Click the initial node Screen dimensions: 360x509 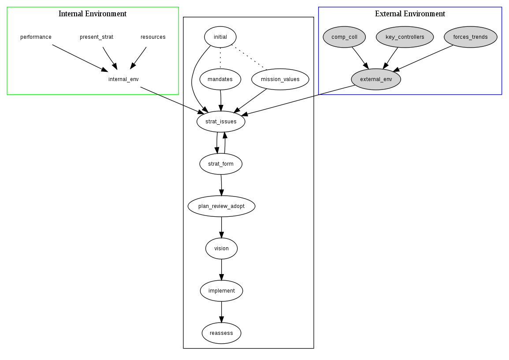tap(220, 37)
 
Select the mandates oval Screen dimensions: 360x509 tap(220, 79)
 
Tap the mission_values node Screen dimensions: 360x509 tap(280, 79)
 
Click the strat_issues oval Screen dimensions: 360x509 tap(221, 122)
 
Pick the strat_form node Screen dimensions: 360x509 tap(221, 164)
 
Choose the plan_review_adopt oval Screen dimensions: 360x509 tap(221, 206)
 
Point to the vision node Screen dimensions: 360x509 tap(221, 249)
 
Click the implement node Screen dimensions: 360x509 tap(221, 291)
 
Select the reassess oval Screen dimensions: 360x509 tap(221, 333)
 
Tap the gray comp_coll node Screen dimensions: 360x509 tap(345, 37)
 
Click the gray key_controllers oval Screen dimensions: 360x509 tap(405, 37)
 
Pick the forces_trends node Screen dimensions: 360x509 tap(470, 37)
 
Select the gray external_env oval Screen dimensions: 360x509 tap(376, 79)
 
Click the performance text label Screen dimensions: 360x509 tap(36, 37)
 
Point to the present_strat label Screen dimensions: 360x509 tap(97, 37)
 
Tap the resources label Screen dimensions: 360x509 tap(153, 37)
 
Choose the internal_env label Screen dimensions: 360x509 tap(123, 79)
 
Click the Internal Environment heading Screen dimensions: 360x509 tap(93, 14)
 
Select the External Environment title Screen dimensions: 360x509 tap(410, 14)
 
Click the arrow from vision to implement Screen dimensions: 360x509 tap(221, 270)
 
